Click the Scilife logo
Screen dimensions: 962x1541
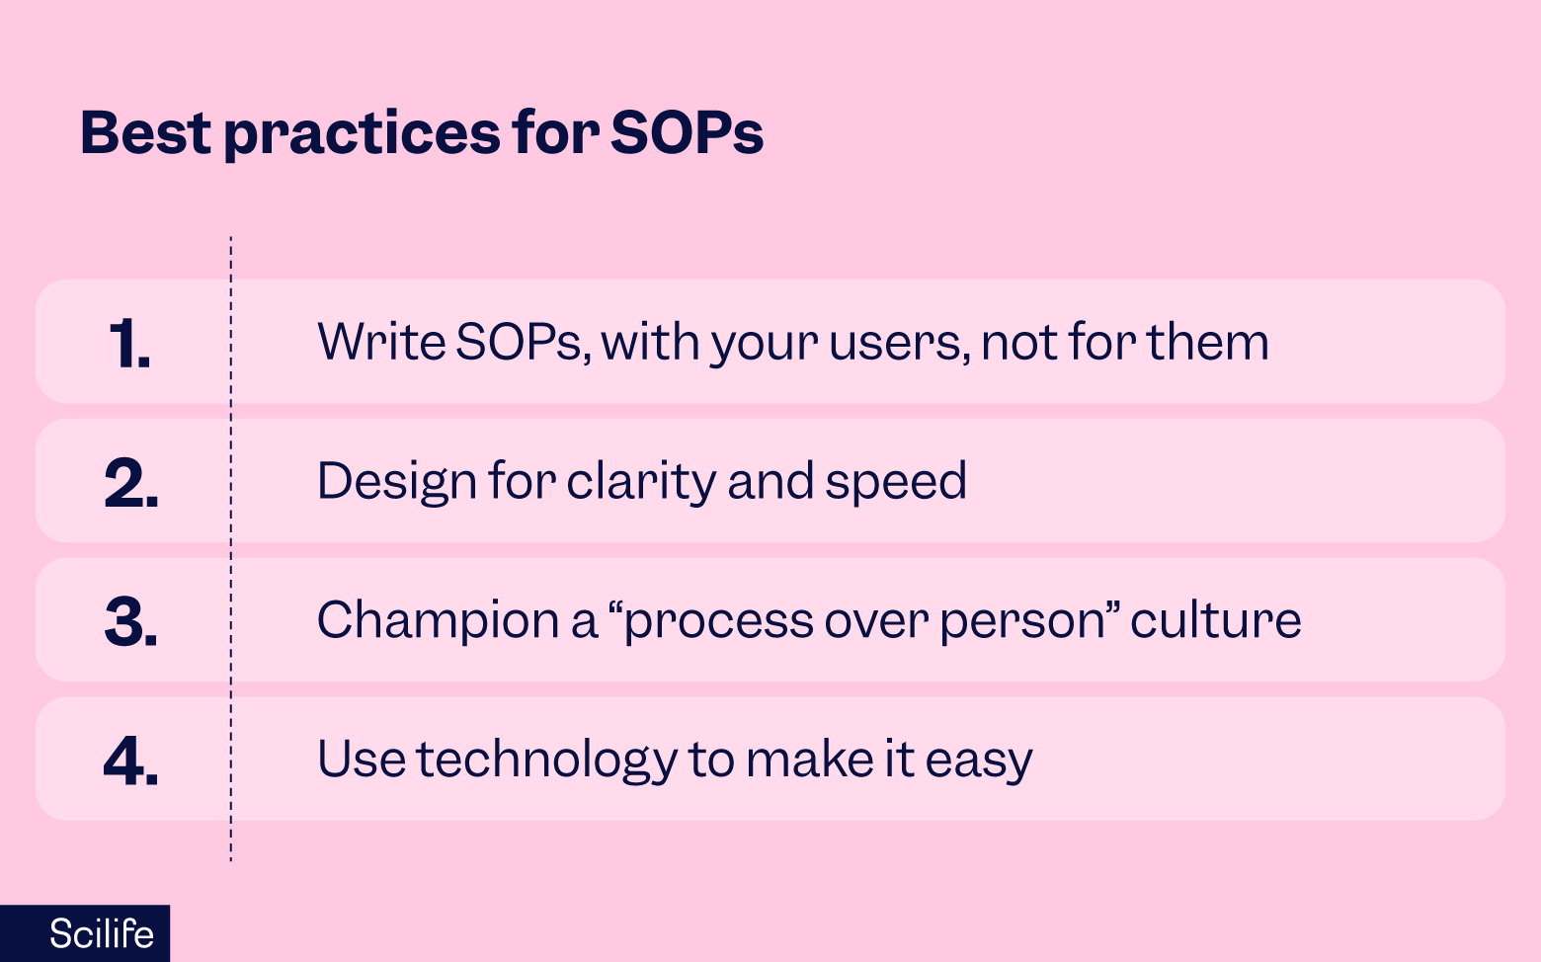coord(101,933)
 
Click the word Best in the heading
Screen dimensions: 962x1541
coord(144,132)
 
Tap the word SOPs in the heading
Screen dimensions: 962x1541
coord(687,132)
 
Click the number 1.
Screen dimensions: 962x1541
coord(129,345)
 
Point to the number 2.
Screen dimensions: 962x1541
coord(130,484)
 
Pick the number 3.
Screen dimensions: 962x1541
coord(130,622)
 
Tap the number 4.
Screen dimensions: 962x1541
coord(130,762)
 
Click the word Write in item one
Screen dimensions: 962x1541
coord(380,342)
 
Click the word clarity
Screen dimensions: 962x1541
coord(641,482)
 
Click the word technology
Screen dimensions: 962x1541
coord(546,761)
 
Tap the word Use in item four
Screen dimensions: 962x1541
coord(361,760)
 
